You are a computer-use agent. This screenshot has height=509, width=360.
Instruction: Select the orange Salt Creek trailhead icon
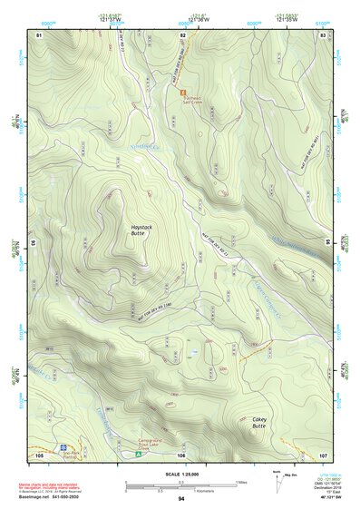tap(183, 93)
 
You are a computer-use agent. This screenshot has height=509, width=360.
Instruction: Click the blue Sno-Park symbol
tap(63, 447)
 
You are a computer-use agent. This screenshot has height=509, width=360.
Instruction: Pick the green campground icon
tap(138, 452)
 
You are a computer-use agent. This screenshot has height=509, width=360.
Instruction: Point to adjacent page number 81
tap(38, 34)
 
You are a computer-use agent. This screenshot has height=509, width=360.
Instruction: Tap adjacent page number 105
tap(38, 455)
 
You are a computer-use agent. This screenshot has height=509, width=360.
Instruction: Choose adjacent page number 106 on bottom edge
tap(181, 455)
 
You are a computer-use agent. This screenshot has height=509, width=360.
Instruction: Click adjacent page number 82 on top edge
tap(182, 34)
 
